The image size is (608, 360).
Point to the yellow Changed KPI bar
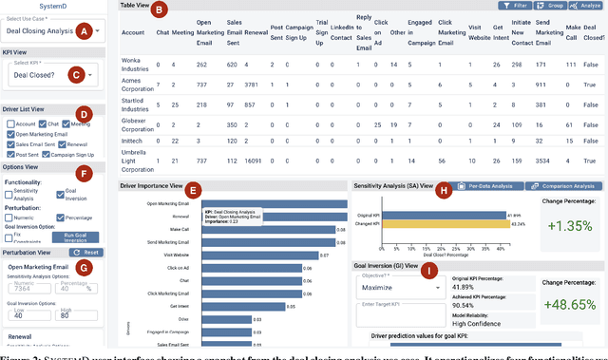click(455, 224)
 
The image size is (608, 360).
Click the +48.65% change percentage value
click(569, 303)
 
